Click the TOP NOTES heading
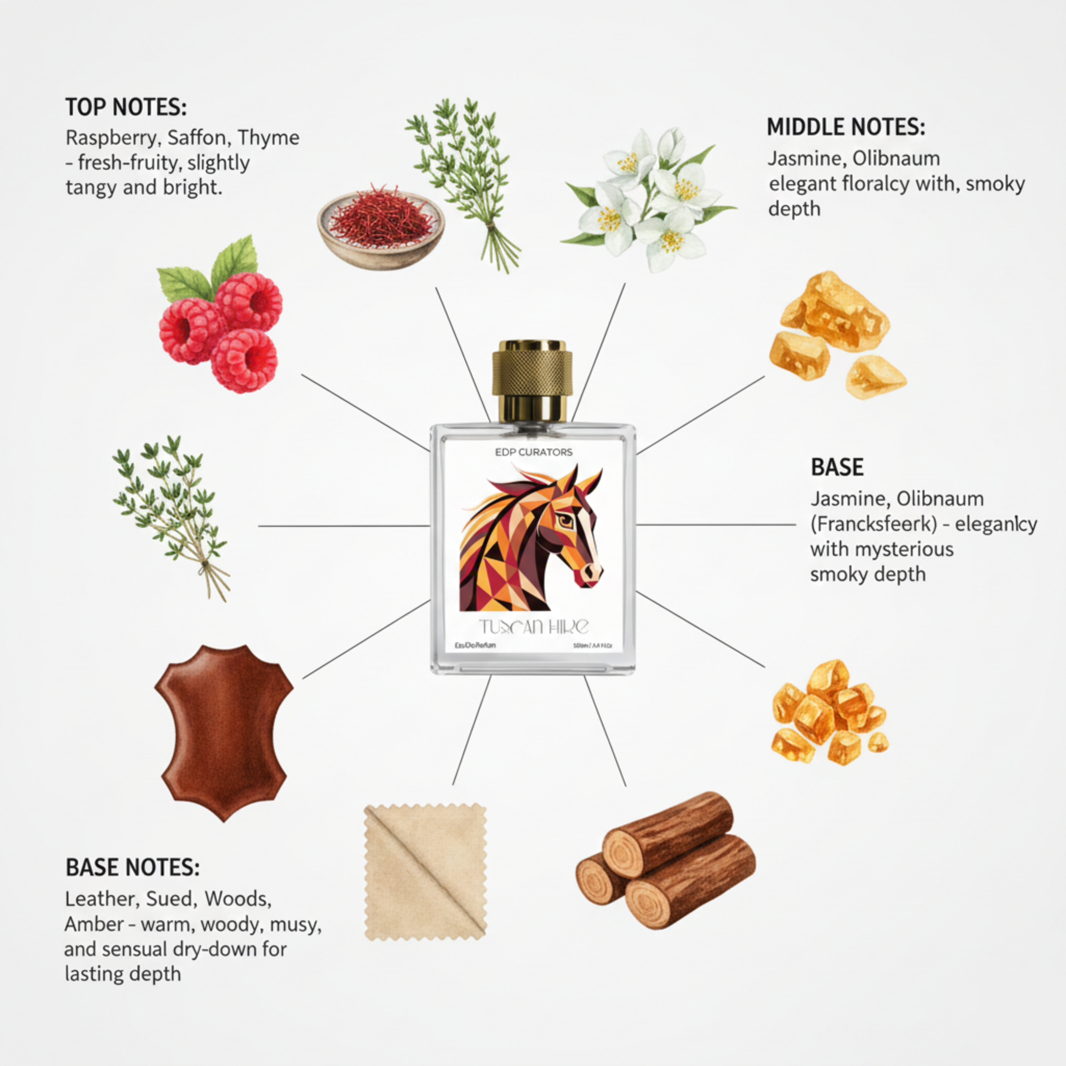[x=126, y=107]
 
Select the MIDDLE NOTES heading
[x=846, y=128]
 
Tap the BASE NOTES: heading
[x=132, y=867]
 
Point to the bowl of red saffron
[x=380, y=229]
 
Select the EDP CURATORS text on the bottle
[x=534, y=452]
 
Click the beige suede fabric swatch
[x=425, y=872]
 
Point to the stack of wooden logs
[x=665, y=861]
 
